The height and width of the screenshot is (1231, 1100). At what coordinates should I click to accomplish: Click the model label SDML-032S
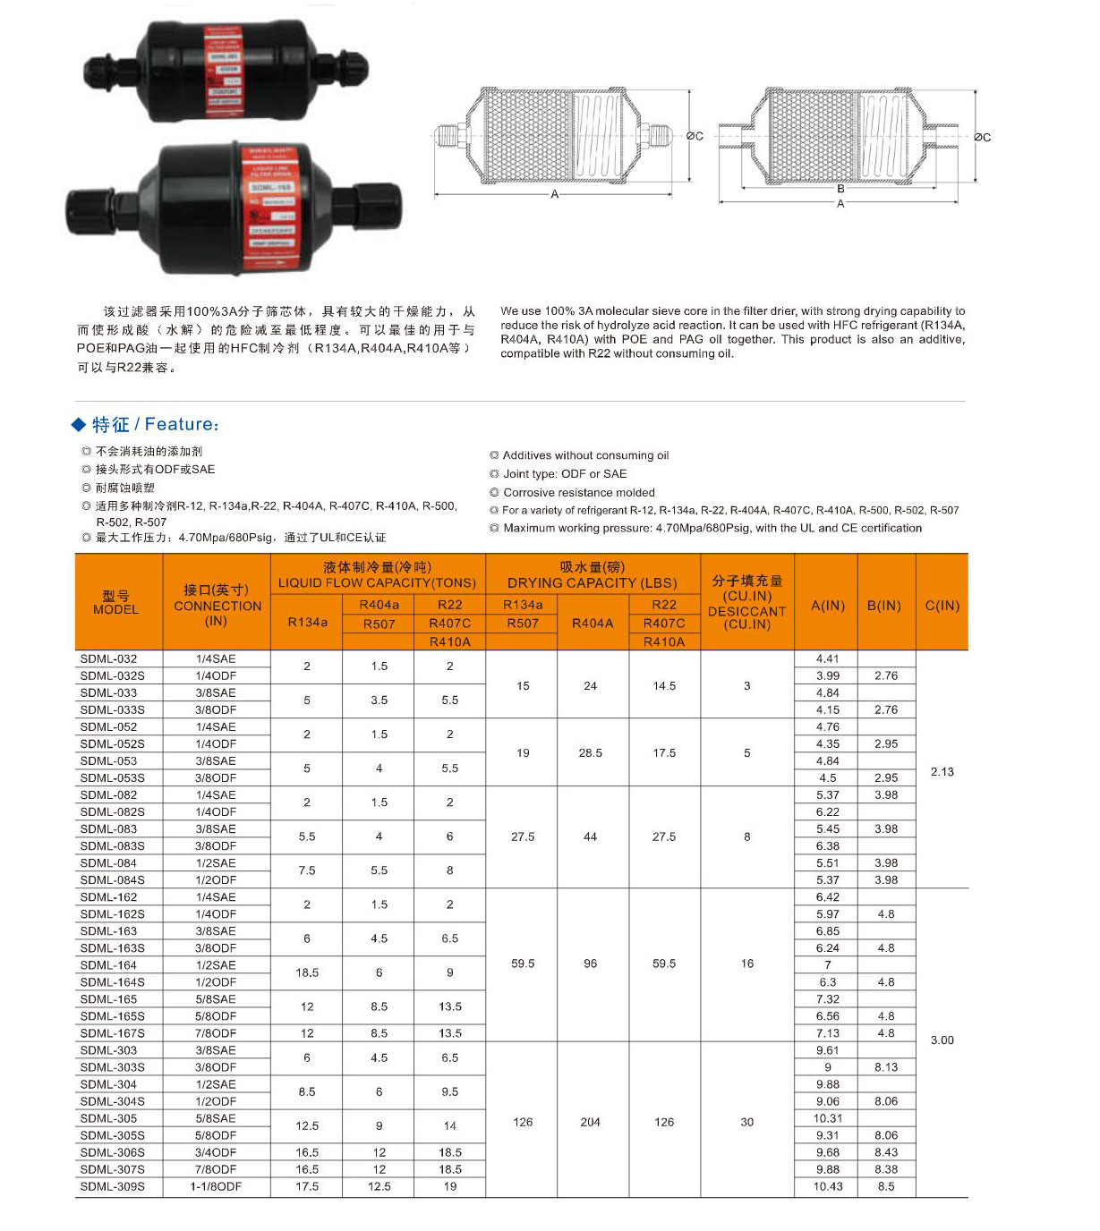pos(113,675)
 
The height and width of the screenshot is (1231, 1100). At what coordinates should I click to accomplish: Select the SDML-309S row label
pos(113,1186)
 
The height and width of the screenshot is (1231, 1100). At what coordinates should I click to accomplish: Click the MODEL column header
pos(116,602)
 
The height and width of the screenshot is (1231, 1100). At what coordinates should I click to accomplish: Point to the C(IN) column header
pos(942,606)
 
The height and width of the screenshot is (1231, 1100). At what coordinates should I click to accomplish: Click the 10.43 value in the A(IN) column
pos(828,1186)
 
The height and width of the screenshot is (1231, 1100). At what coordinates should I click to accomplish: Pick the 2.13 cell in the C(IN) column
pos(942,771)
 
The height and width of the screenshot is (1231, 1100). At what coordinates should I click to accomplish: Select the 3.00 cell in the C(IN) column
pos(942,1040)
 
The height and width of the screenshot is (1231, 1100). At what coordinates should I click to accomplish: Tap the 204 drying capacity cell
pos(590,1122)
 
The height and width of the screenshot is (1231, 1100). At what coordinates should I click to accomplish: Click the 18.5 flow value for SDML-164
pos(307,972)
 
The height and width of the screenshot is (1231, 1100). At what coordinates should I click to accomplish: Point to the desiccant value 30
pos(746,1122)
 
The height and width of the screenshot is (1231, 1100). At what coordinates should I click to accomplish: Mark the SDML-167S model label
pos(113,1033)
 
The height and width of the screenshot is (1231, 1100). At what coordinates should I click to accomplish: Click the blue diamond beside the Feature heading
pos(80,424)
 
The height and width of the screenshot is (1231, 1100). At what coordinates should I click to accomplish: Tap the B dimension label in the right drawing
pos(840,189)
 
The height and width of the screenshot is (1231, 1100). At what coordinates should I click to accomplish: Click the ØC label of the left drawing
pos(695,136)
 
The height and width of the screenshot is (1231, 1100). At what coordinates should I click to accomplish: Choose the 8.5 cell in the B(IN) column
pos(885,1186)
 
